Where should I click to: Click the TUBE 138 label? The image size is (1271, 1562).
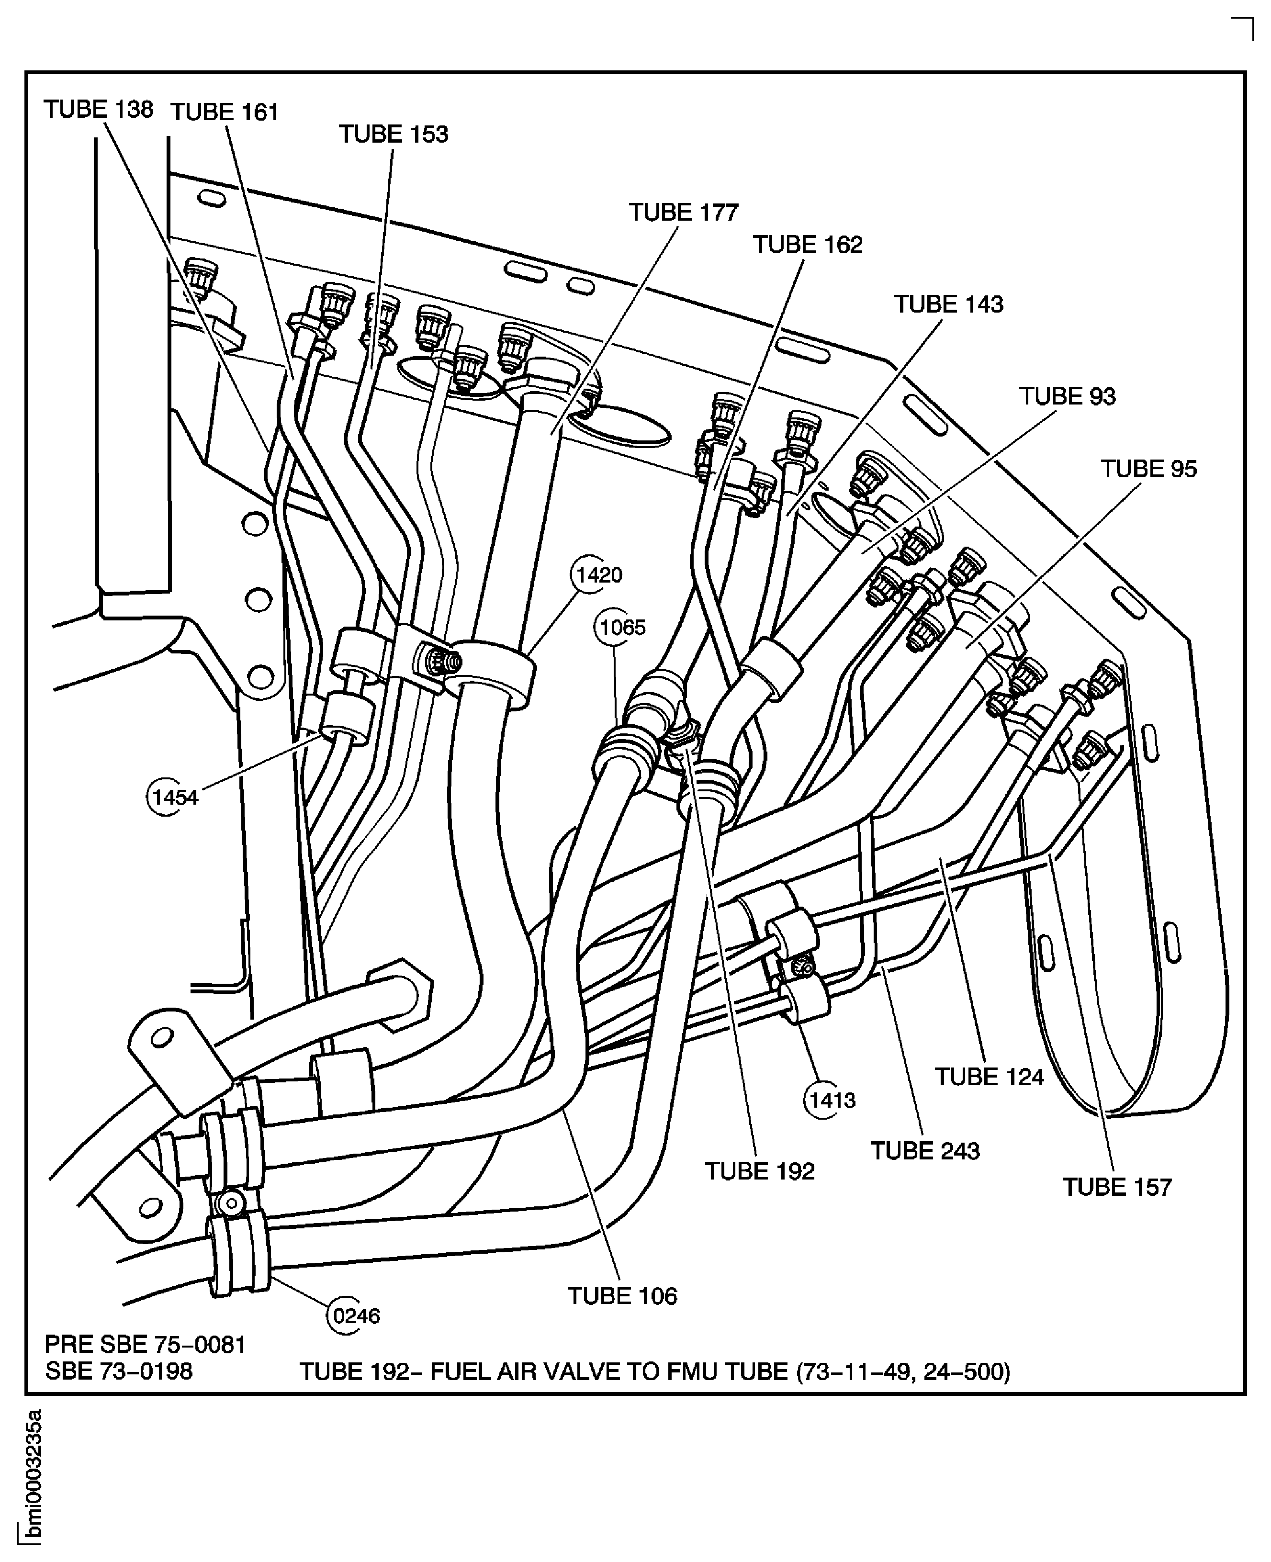(x=98, y=109)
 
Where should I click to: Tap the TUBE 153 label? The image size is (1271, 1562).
(x=393, y=134)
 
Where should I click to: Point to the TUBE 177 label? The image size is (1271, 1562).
(x=683, y=212)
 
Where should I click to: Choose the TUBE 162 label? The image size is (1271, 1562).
(x=808, y=245)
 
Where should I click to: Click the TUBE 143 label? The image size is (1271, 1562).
(x=948, y=304)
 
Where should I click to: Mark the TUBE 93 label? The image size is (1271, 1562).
(x=1067, y=397)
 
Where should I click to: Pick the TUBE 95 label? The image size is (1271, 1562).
(x=1148, y=469)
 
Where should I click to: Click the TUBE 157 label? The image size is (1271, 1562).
(x=1116, y=1187)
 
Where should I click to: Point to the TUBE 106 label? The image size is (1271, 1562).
(x=622, y=1296)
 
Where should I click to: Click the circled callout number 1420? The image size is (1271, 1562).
(x=599, y=575)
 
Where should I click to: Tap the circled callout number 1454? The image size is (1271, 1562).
(x=174, y=797)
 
